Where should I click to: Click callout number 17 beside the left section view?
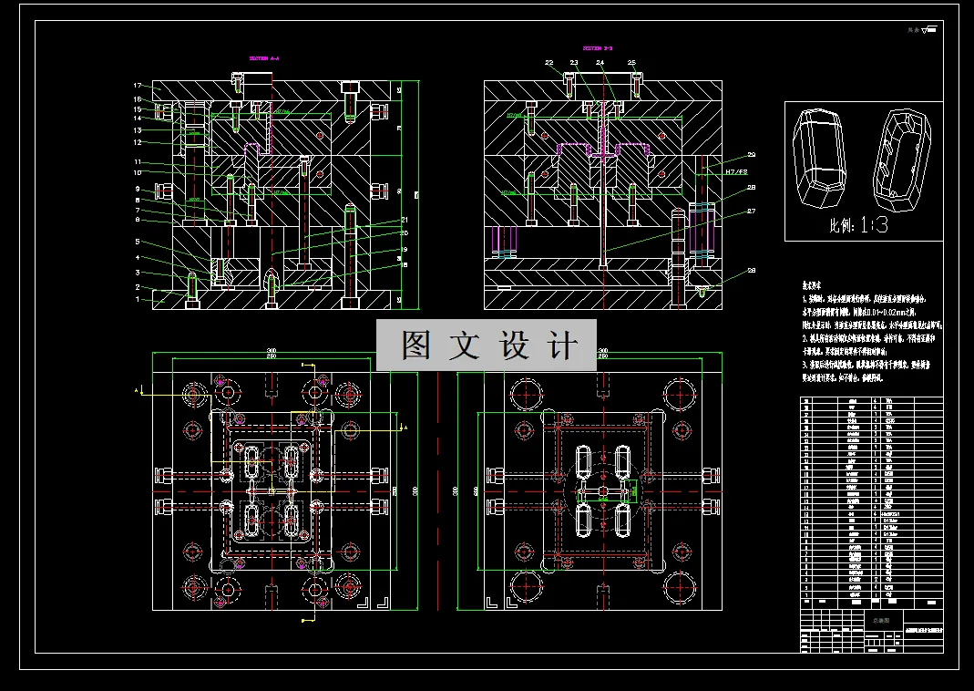coord(138,86)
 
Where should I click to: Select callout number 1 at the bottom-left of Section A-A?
coord(138,298)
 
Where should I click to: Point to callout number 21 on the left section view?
coord(404,221)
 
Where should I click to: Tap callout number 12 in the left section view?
coord(138,142)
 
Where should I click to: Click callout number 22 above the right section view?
coord(549,63)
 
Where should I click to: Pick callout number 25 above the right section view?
coord(631,62)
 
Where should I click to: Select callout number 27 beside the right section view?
coord(752,211)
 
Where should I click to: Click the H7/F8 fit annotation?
coord(735,171)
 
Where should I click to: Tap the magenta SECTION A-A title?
coord(264,58)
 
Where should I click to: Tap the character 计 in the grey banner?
coord(564,345)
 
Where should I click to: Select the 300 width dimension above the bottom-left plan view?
coord(272,351)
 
